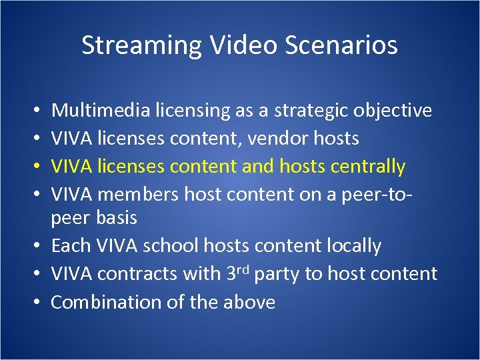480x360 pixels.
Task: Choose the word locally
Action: [354, 246]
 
